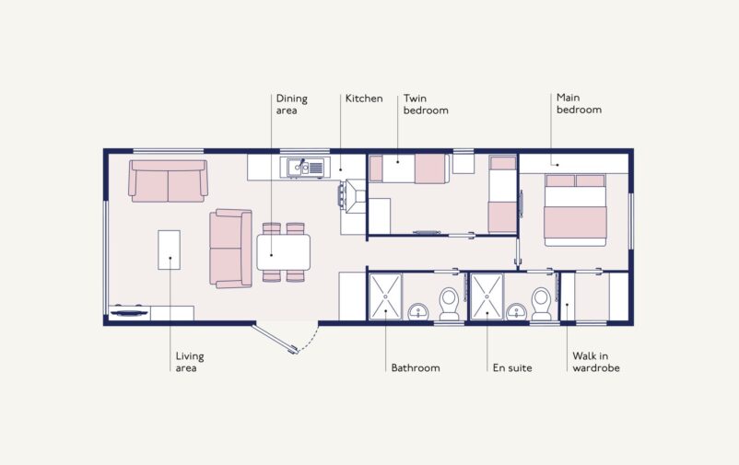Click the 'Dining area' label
point(291,104)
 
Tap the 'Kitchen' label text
point(363,99)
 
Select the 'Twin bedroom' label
point(425,104)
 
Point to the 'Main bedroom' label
point(579,103)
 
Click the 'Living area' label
point(190,362)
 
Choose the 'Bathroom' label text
point(415,367)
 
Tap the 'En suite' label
point(512,367)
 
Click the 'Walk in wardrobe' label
point(595,362)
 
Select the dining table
point(283,251)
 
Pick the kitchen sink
point(304,168)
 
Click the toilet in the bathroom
point(449,303)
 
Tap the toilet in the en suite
point(541,303)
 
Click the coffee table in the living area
point(169,250)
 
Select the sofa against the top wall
point(168,180)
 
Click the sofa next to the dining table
point(230,249)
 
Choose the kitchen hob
point(355,194)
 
